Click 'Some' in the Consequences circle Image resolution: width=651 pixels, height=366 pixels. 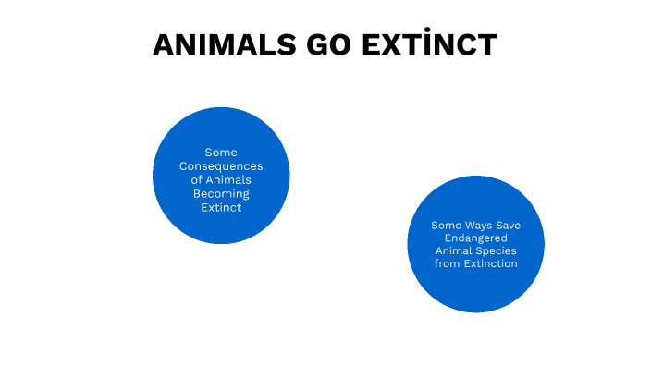221,152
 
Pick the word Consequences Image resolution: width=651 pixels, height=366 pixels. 221,166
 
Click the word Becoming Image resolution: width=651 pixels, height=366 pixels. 221,194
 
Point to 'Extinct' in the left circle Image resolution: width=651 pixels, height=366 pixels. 221,208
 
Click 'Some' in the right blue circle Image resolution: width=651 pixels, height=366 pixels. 446,225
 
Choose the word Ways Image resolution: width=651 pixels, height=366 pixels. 479,225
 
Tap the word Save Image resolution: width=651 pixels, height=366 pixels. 508,225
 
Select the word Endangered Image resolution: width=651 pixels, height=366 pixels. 475,238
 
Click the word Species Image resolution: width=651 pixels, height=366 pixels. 497,250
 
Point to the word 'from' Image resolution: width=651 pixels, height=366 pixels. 447,263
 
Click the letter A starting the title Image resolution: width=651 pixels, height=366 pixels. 164,45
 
